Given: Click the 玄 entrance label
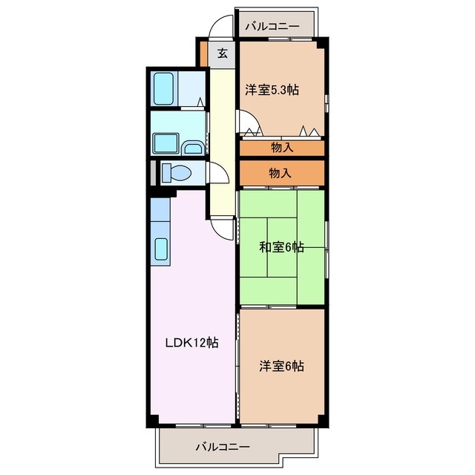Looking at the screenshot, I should pyautogui.click(x=223, y=53).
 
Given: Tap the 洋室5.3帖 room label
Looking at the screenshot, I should pyautogui.click(x=272, y=90).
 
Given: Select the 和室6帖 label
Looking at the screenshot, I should pyautogui.click(x=281, y=247).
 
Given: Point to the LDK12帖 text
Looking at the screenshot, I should pyautogui.click(x=191, y=343).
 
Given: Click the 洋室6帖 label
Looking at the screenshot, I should pyautogui.click(x=281, y=365).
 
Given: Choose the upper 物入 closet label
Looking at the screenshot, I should pyautogui.click(x=282, y=148).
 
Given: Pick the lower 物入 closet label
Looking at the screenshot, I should pyautogui.click(x=280, y=173).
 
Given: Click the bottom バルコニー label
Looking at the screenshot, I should pyautogui.click(x=223, y=447).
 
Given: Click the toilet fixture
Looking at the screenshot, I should pyautogui.click(x=175, y=173).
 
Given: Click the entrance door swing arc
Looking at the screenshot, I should pyautogui.click(x=218, y=27).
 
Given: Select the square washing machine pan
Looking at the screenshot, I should pyautogui.click(x=164, y=142).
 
